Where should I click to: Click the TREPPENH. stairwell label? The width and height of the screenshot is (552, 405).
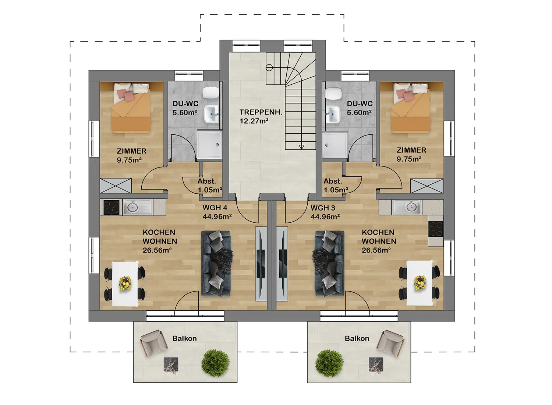pyautogui.click(x=261, y=112)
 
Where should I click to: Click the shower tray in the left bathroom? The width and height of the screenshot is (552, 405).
pyautogui.click(x=209, y=144)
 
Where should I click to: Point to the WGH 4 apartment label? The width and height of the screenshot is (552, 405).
pyautogui.click(x=215, y=208)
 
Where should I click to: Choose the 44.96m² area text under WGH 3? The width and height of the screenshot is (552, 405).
pyautogui.click(x=325, y=216)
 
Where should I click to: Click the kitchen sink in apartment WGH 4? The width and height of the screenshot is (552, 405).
pyautogui.click(x=138, y=207)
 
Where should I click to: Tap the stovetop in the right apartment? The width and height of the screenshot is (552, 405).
pyautogui.click(x=435, y=229)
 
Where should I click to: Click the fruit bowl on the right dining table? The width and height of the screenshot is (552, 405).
pyautogui.click(x=420, y=283)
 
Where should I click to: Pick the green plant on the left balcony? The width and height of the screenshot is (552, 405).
pyautogui.click(x=215, y=363)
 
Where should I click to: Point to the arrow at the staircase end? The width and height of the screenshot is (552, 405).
pyautogui.click(x=301, y=147)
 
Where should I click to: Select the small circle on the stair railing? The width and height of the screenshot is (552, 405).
pyautogui.click(x=269, y=67)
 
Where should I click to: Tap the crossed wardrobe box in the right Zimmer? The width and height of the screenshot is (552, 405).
pyautogui.click(x=427, y=186)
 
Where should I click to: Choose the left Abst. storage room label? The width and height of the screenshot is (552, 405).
pyautogui.click(x=207, y=182)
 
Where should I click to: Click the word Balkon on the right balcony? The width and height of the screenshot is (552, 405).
pyautogui.click(x=357, y=338)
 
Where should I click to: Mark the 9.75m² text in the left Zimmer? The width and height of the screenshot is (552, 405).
pyautogui.click(x=129, y=160)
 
